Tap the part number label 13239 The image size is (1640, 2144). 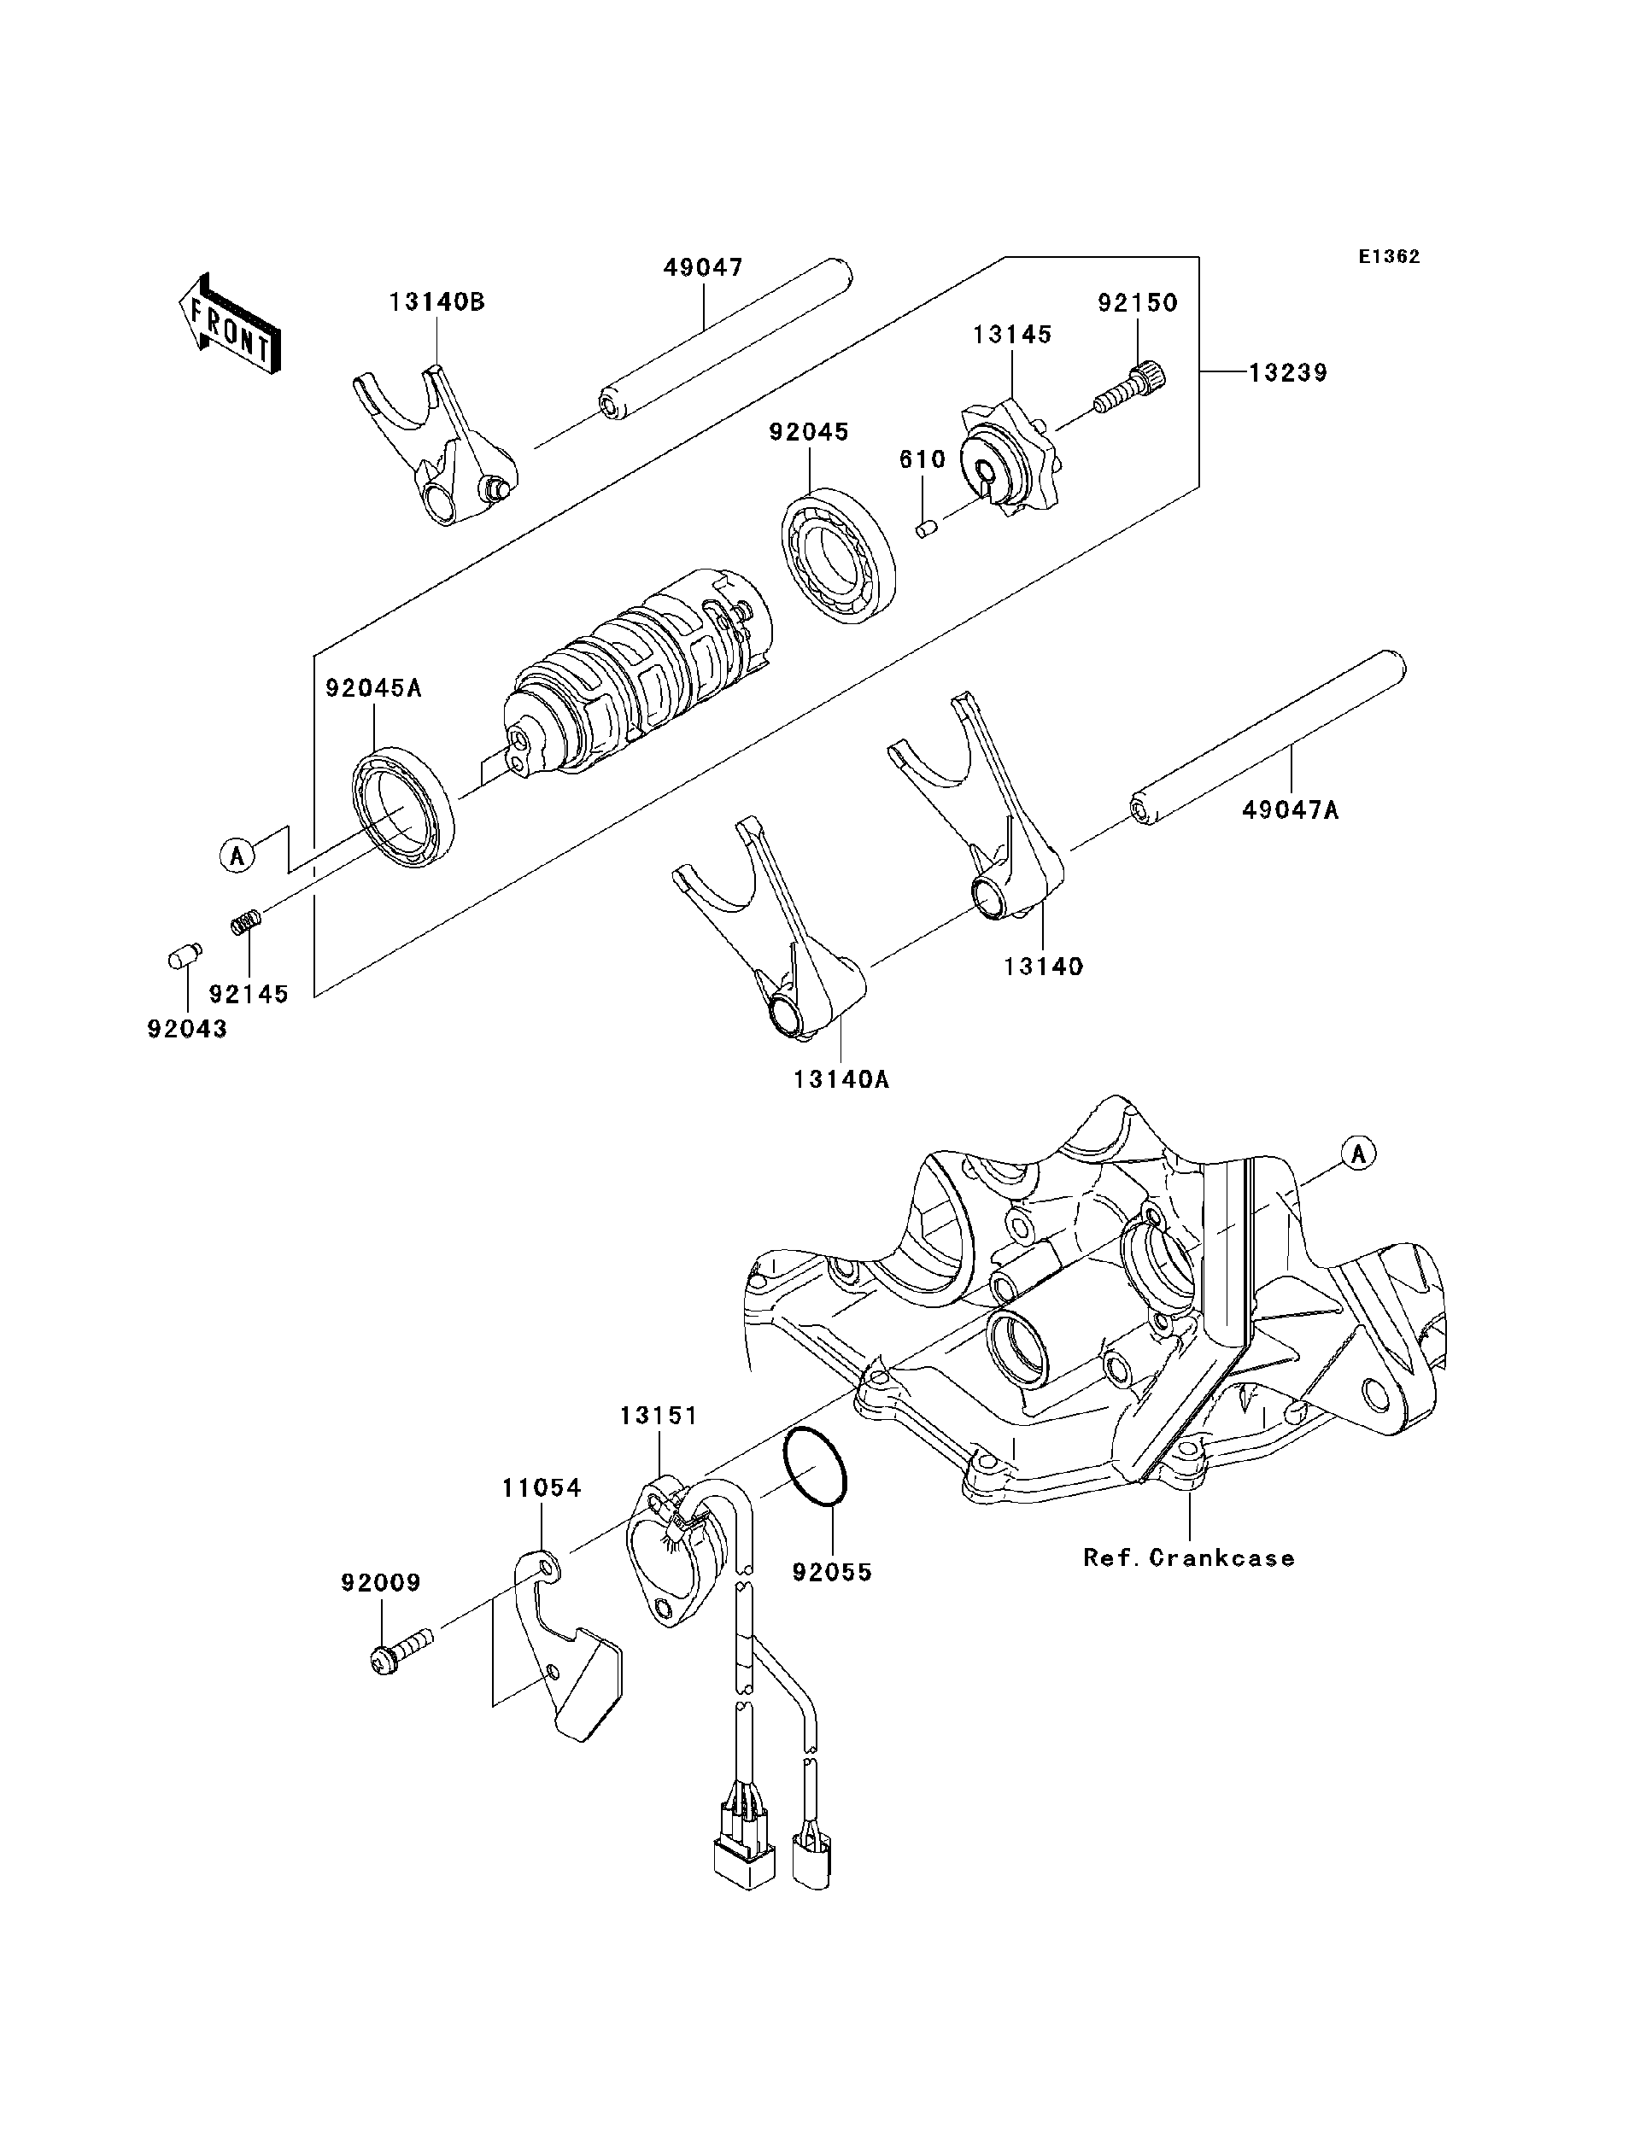coord(1287,373)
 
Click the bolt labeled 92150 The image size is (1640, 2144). coord(1130,389)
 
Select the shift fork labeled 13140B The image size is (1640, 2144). coord(435,444)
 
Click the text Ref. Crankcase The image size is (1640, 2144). coord(1189,1557)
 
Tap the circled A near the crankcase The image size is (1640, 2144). coord(1358,1154)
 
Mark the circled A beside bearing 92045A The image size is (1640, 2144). coord(235,856)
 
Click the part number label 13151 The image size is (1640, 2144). coord(659,1415)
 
